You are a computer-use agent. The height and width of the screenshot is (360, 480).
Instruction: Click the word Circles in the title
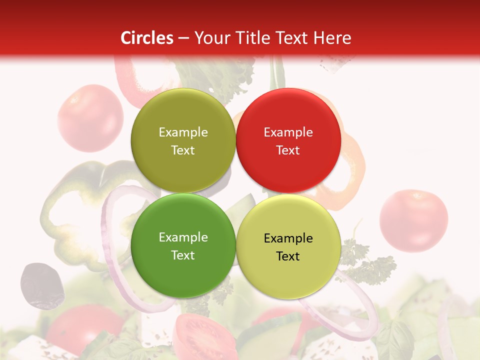(147, 38)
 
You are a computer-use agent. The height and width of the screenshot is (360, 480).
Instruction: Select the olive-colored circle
(183, 140)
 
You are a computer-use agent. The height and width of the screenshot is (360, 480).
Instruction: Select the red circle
(288, 140)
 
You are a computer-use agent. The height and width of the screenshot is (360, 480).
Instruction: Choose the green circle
(183, 245)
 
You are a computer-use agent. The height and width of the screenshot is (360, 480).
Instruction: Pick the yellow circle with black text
(288, 246)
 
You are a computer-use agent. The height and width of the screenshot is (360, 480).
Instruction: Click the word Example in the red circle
(288, 132)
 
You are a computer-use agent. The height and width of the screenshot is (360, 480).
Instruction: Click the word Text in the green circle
(183, 255)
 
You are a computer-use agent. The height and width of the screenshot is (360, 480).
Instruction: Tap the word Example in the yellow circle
(288, 238)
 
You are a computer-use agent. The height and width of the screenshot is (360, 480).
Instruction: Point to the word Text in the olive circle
(183, 150)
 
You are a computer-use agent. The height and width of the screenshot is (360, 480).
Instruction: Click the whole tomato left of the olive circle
(90, 118)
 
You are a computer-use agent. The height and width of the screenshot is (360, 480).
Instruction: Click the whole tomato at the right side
(413, 220)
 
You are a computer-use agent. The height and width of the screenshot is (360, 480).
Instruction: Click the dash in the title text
(183, 38)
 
